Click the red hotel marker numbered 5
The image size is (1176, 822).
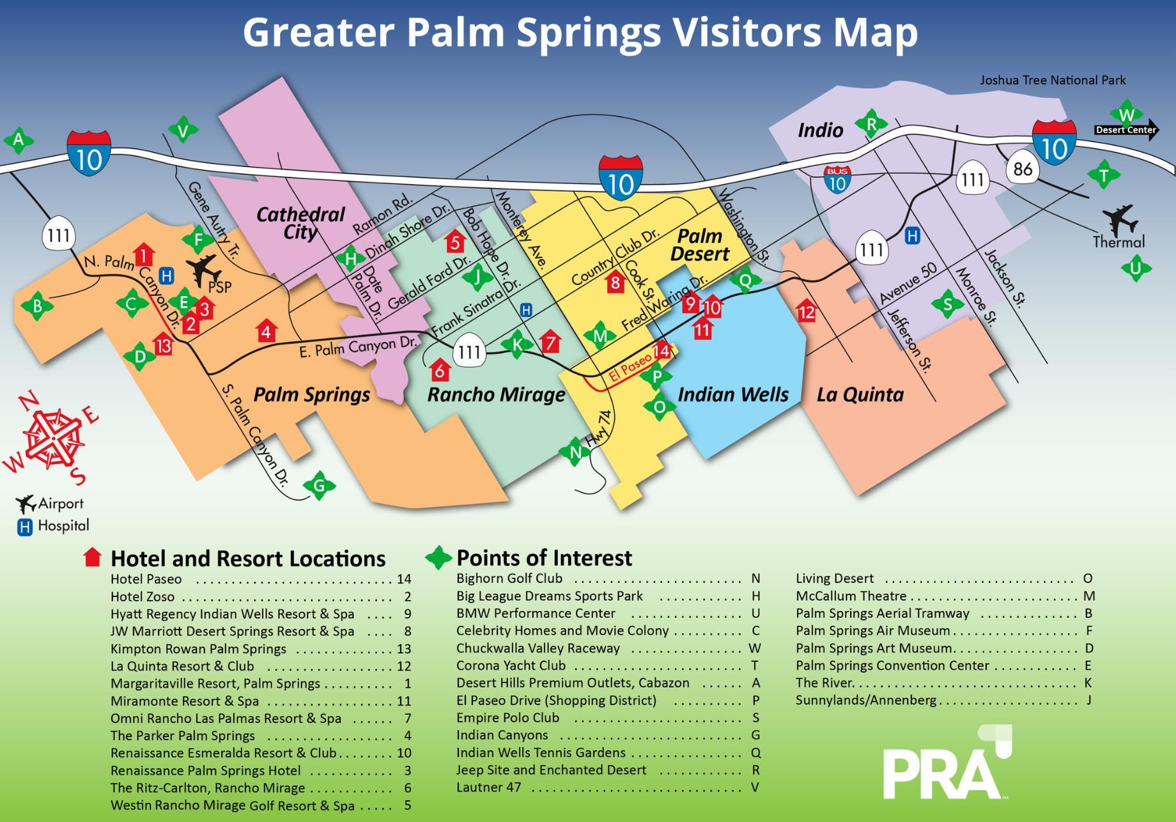pyautogui.click(x=454, y=242)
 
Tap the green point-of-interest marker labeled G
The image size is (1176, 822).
pyautogui.click(x=319, y=486)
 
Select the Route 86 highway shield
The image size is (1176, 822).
pyautogui.click(x=1023, y=169)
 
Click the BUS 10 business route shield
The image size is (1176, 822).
pyautogui.click(x=837, y=180)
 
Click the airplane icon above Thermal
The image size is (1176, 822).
pyautogui.click(x=1120, y=221)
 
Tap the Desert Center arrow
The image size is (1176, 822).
pyautogui.click(x=1126, y=130)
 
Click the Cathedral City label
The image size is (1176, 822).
pyautogui.click(x=300, y=222)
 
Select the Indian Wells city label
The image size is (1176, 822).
pyautogui.click(x=732, y=394)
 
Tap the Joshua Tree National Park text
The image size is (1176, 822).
pyautogui.click(x=1053, y=81)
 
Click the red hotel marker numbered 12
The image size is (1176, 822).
pyautogui.click(x=807, y=312)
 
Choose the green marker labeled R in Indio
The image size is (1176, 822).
pyautogui.click(x=871, y=124)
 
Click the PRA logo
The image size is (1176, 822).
pyautogui.click(x=946, y=764)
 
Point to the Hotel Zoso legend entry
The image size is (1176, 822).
pyautogui.click(x=143, y=597)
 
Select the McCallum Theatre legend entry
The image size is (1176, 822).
pyautogui.click(x=851, y=596)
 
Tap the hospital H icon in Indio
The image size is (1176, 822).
pyautogui.click(x=912, y=236)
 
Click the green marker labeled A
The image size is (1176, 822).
pyautogui.click(x=19, y=140)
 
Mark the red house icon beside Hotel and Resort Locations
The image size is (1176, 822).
pyautogui.click(x=93, y=557)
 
